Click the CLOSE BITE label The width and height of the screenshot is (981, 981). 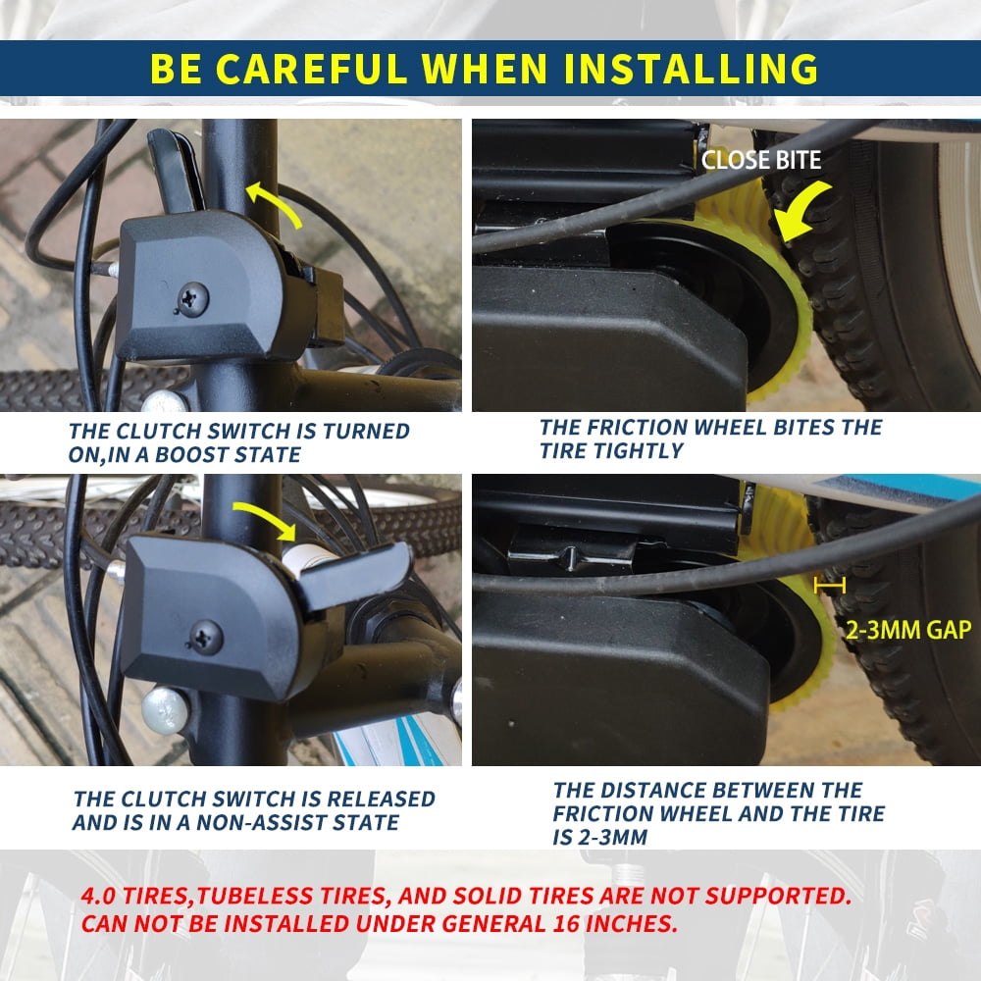click(x=761, y=160)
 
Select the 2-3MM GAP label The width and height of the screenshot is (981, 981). click(x=908, y=630)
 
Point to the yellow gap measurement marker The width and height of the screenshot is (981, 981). click(x=830, y=586)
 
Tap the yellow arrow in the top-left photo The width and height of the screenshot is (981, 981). click(x=274, y=201)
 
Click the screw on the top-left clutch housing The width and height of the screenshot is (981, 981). click(x=192, y=298)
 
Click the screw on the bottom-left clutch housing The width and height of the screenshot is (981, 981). click(x=206, y=637)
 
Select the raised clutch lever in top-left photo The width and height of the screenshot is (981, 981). click(x=176, y=169)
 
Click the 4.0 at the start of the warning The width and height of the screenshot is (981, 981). click(x=98, y=896)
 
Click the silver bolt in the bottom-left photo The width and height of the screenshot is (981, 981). click(x=165, y=710)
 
